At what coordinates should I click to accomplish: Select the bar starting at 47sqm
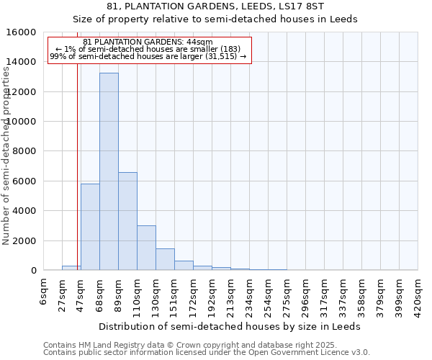(90, 227)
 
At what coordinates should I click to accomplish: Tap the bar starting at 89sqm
(127, 221)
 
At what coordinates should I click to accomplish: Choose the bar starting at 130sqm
(165, 259)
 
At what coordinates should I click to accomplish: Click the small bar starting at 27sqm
(71, 268)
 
